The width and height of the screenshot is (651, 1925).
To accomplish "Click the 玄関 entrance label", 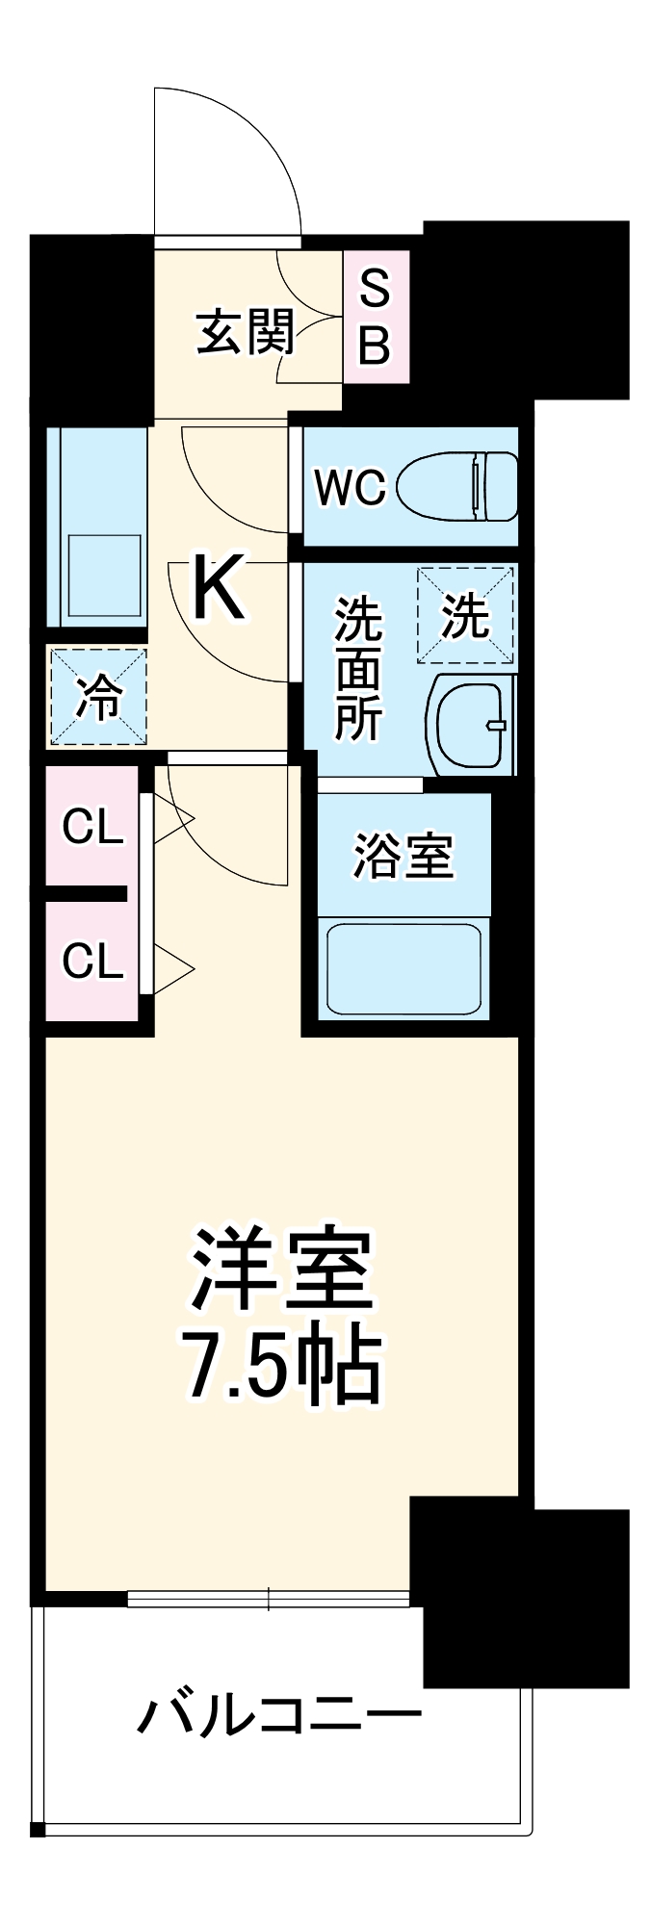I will click(245, 332).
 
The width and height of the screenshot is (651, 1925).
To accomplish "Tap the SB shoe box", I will click(375, 317).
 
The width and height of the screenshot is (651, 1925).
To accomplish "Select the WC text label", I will click(351, 488).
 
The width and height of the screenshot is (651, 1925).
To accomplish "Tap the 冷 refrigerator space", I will click(98, 697).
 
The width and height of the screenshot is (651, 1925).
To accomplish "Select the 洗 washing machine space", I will click(465, 616).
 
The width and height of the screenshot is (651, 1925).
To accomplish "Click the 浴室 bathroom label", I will click(403, 855).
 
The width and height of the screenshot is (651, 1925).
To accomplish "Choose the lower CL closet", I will click(92, 960).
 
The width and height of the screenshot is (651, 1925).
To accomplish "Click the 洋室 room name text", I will click(281, 1269).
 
